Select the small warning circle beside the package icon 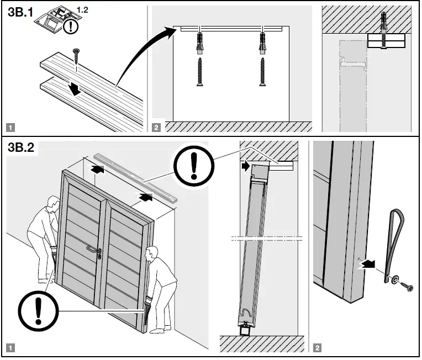point(70,27)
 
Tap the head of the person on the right point(150,253)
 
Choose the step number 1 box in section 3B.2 point(11,348)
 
